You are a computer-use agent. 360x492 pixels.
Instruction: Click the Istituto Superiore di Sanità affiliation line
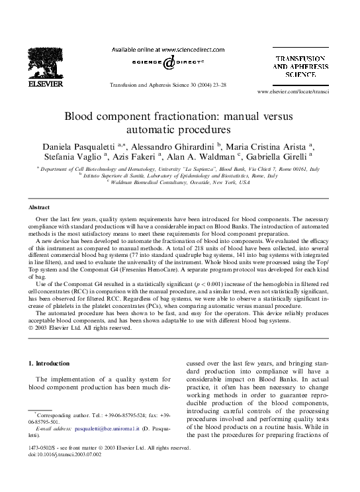click(x=179, y=176)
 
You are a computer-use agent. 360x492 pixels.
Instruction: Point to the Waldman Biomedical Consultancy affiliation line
click(x=179, y=183)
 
